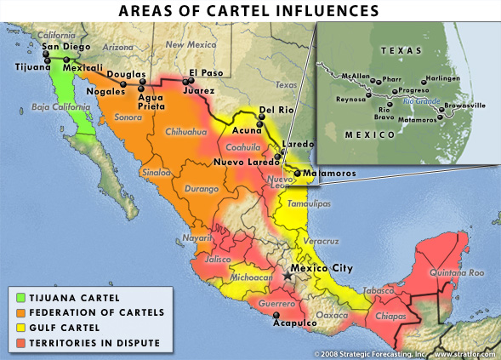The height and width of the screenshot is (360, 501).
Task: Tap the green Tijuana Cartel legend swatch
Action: [20, 298]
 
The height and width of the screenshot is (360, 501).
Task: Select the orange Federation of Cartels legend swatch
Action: [20, 312]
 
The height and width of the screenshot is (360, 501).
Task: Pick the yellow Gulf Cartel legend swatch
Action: [20, 328]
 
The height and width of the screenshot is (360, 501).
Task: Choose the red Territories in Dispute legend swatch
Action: [20, 343]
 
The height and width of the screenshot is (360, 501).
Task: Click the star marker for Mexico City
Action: [288, 275]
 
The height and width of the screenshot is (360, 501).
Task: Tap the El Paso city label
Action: [205, 72]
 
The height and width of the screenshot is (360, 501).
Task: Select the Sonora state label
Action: [128, 117]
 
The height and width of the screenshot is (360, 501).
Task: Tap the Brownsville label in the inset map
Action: [465, 106]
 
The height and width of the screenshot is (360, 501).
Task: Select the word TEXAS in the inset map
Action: [401, 51]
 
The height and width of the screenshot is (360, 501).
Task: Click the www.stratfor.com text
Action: [465, 354]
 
